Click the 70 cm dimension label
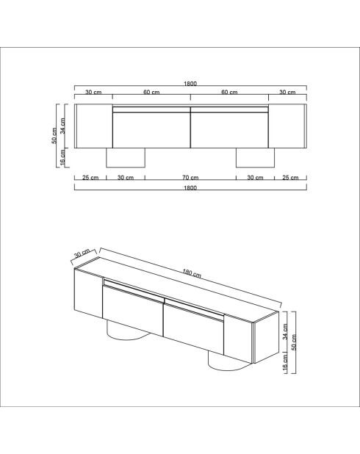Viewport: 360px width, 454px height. coord(190,178)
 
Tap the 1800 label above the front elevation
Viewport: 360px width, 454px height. coord(190,84)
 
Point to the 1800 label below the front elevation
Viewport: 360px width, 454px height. coord(190,188)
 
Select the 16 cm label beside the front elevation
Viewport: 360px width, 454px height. coord(63,157)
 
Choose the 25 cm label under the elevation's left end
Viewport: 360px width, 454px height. coord(90,178)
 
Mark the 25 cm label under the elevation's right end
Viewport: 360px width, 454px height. coord(290,178)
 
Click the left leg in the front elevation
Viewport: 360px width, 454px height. coord(129,158)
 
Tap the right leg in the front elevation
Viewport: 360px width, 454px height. coord(254,158)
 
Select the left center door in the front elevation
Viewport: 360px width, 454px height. coord(151,130)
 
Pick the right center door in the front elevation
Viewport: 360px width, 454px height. coord(229,130)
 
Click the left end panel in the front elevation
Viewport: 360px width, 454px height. coord(93,126)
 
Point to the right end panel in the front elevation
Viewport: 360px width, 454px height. coord(287,126)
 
